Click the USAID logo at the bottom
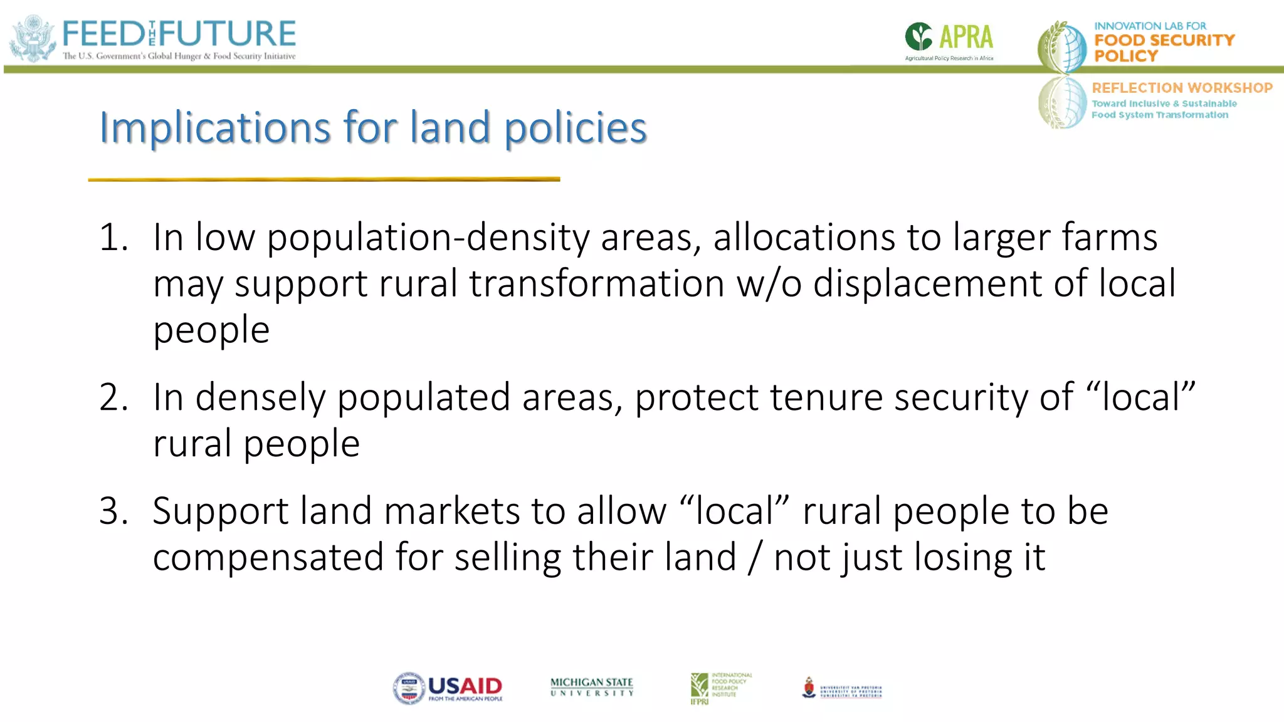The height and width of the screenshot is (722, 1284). tap(448, 689)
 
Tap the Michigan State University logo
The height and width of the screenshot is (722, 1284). tap(592, 687)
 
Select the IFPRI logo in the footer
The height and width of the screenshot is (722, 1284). tap(720, 688)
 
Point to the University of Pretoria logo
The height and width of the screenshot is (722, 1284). tap(842, 689)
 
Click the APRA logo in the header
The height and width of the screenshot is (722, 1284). tap(949, 40)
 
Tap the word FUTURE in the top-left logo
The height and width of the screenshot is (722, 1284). tap(228, 34)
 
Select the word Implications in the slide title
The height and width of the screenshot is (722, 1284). tap(214, 128)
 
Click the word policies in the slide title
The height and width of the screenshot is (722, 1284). tap(576, 128)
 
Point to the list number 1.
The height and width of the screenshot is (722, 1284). tap(113, 238)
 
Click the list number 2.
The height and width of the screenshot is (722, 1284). tap(113, 397)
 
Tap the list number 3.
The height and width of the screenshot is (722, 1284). tap(113, 511)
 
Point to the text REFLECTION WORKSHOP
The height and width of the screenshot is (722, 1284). tap(1182, 88)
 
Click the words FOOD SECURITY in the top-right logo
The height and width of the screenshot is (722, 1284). tap(1164, 40)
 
